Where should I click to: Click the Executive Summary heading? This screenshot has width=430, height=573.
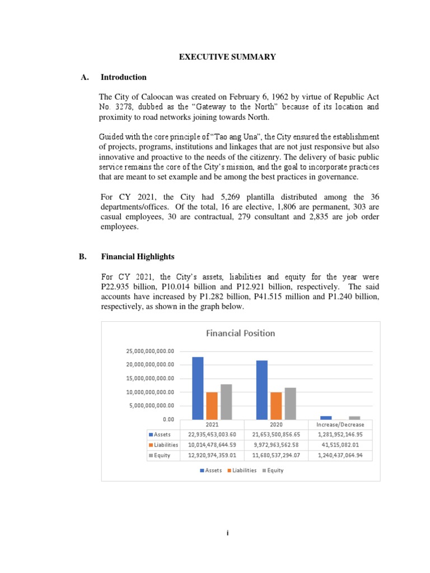(227, 57)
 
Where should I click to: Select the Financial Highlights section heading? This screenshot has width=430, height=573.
(138, 257)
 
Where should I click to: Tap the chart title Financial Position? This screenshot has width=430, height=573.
(241, 333)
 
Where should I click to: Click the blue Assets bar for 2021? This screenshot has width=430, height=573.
(198, 388)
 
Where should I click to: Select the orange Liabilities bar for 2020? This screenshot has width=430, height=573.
(276, 405)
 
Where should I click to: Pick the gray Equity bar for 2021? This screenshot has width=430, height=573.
(226, 402)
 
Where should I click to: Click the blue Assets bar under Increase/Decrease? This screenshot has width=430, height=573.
(326, 417)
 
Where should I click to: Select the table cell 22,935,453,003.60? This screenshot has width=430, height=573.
(212, 435)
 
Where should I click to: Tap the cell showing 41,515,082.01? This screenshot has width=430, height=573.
(340, 445)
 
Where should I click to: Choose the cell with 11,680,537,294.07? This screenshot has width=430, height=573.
(276, 455)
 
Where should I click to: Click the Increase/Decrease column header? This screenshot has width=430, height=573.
(340, 425)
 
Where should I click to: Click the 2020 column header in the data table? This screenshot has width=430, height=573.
(276, 425)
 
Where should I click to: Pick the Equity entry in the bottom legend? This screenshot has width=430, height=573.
(273, 471)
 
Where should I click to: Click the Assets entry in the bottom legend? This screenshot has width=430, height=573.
(211, 471)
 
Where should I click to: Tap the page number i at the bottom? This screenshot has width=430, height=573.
(227, 533)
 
